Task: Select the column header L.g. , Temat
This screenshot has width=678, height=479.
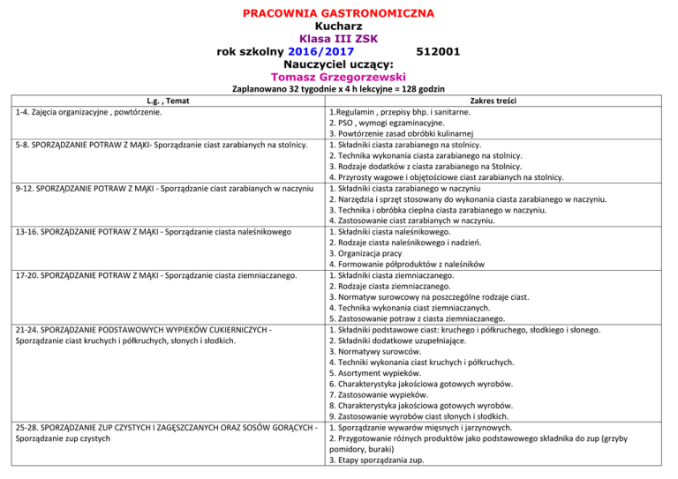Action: [x=165, y=102]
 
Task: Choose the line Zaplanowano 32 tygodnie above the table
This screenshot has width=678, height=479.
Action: [x=338, y=89]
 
